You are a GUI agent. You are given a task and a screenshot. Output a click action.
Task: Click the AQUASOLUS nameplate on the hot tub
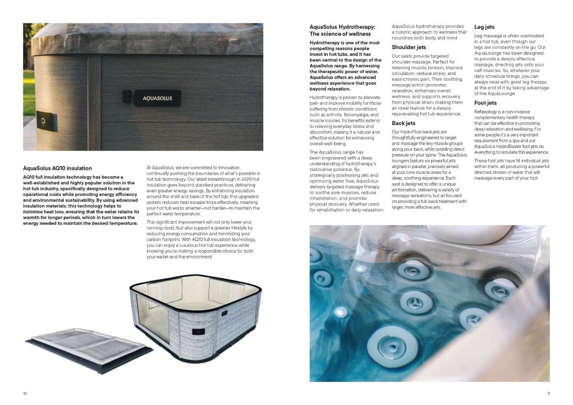[157, 98]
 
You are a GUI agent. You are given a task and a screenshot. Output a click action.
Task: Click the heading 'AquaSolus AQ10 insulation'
[57, 168]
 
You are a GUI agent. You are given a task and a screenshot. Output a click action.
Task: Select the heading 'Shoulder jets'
[409, 47]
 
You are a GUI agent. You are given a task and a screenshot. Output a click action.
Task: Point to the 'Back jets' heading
[403, 123]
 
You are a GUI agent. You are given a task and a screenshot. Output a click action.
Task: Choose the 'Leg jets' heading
[484, 27]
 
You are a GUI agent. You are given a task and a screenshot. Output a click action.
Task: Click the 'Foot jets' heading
[485, 103]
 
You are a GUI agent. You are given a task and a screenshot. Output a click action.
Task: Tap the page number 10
[25, 393]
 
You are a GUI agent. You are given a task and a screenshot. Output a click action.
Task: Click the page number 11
[549, 393]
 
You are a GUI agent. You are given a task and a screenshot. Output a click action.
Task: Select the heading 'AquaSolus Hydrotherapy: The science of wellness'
[342, 31]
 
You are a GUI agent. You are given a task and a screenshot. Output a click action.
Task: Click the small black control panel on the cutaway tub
[199, 331]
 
